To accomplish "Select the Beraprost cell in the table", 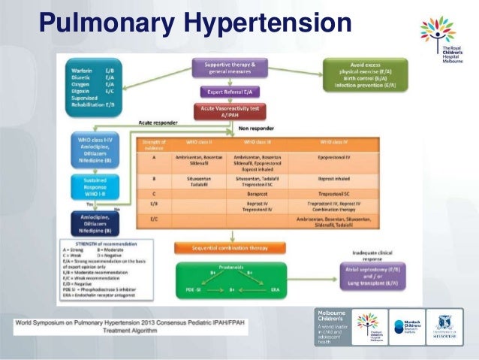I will point(255,193).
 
